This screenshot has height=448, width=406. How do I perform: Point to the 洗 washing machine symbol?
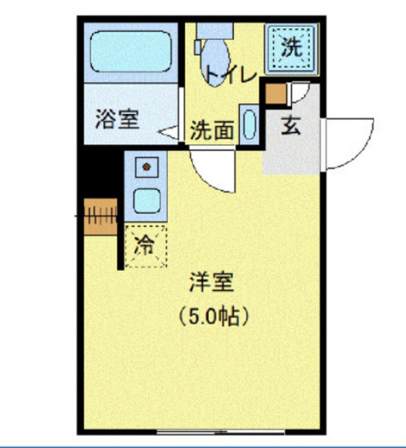tap(290, 48)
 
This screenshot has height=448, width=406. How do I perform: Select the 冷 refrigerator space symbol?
tap(145, 246)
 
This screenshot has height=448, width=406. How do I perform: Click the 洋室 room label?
tap(210, 283)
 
